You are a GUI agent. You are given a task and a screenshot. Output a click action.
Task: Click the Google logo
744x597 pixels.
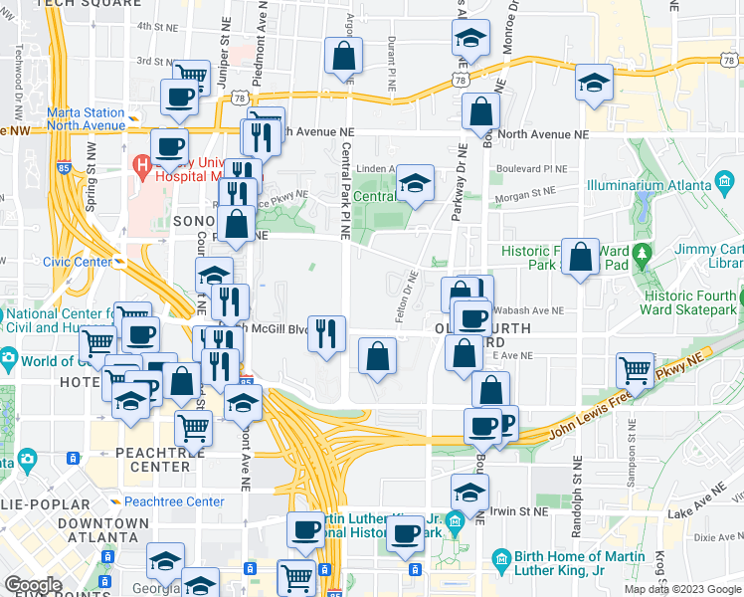[33, 585]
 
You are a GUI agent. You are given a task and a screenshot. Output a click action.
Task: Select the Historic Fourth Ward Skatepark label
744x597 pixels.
[691, 302]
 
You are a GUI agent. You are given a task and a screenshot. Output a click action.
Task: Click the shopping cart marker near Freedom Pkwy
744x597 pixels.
[635, 370]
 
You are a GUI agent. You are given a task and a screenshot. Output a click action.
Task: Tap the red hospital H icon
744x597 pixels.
[142, 163]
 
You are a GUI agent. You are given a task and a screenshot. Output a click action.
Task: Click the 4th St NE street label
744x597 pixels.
[156, 27]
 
